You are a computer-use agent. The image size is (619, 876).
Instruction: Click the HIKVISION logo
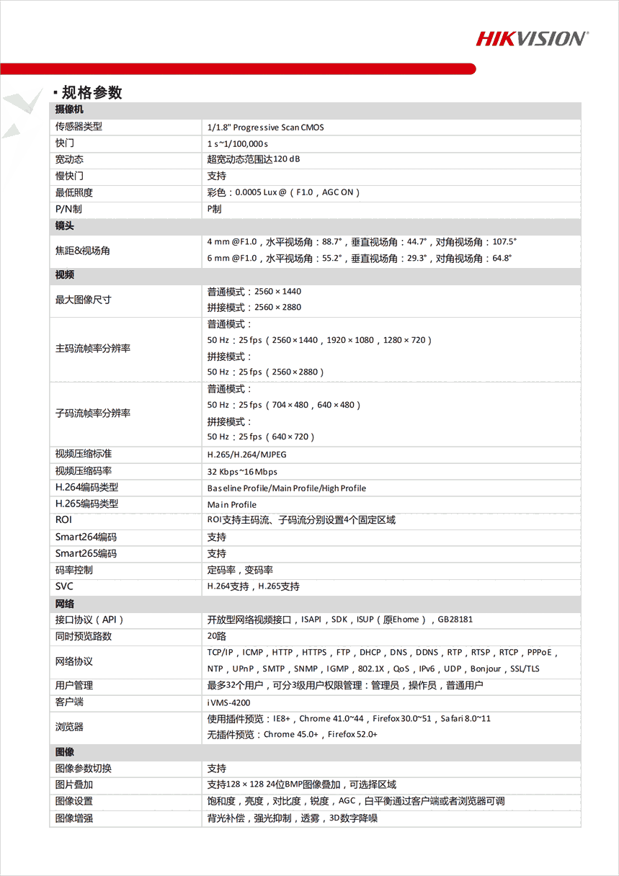click(532, 38)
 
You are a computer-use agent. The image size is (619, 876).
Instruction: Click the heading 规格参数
click(92, 92)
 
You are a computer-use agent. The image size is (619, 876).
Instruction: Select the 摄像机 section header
click(70, 109)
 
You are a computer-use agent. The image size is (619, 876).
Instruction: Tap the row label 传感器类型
click(79, 127)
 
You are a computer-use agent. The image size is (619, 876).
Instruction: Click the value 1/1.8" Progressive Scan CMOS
click(265, 128)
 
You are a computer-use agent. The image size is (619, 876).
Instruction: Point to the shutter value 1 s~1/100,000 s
click(237, 144)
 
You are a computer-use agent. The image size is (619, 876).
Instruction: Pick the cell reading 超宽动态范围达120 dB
click(253, 160)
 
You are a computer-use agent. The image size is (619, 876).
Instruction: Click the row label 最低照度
click(74, 192)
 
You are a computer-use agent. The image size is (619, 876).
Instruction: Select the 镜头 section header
click(65, 225)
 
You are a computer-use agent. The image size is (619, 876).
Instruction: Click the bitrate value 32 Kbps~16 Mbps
click(242, 472)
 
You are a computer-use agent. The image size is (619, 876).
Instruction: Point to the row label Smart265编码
click(86, 554)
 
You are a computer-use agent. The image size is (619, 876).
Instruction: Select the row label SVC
click(64, 586)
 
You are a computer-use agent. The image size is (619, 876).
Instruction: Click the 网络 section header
click(65, 603)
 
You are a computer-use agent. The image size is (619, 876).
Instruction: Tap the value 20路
click(216, 636)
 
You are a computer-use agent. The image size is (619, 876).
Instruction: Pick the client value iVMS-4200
click(228, 702)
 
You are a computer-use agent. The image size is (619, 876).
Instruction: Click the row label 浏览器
click(69, 727)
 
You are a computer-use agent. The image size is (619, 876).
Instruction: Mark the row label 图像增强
click(74, 818)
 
